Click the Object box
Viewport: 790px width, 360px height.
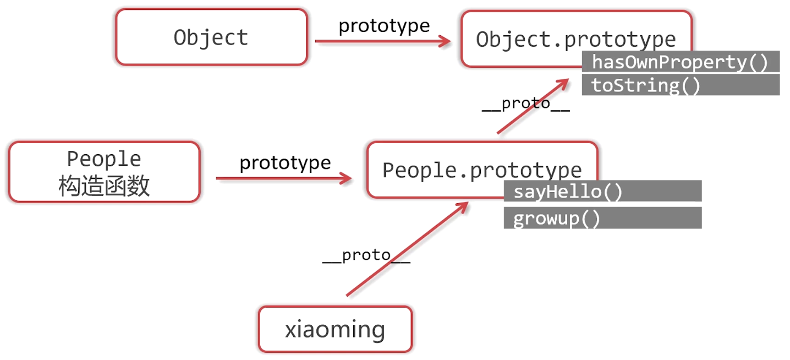tap(211, 37)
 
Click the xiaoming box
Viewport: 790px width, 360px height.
tap(335, 329)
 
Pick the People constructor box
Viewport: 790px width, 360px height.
tap(104, 172)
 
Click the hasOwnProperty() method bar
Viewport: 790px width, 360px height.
tap(680, 62)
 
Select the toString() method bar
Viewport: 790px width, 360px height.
tap(680, 85)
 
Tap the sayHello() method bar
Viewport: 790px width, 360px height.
tap(602, 191)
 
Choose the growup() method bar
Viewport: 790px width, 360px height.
tap(602, 218)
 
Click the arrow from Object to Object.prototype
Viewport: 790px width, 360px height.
tap(380, 41)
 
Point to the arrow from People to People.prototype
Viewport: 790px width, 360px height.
tap(281, 178)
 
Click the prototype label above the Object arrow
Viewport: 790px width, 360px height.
tap(384, 25)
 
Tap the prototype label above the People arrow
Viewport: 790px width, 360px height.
tap(285, 162)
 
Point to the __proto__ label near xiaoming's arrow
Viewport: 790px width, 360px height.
tap(366, 256)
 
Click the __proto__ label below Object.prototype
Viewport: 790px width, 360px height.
tap(525, 103)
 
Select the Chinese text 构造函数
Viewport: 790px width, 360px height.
tap(104, 186)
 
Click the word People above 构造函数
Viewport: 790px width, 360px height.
tap(104, 159)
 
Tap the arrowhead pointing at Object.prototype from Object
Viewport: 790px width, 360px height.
tap(445, 41)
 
